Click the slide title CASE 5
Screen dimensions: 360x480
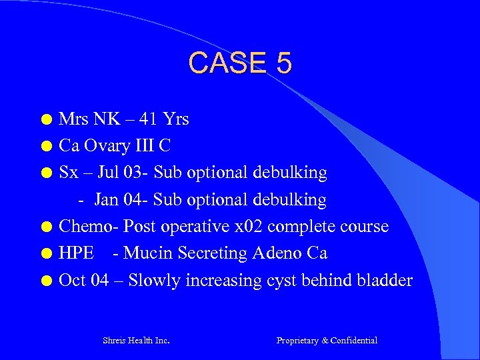pos(240,63)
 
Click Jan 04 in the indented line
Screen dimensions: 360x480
pos(121,199)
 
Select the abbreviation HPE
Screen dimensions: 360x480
pos(77,253)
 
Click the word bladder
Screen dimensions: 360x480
pos(386,280)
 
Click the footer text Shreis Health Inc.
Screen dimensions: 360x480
pos(136,341)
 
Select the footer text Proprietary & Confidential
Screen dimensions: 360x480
pos(327,341)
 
